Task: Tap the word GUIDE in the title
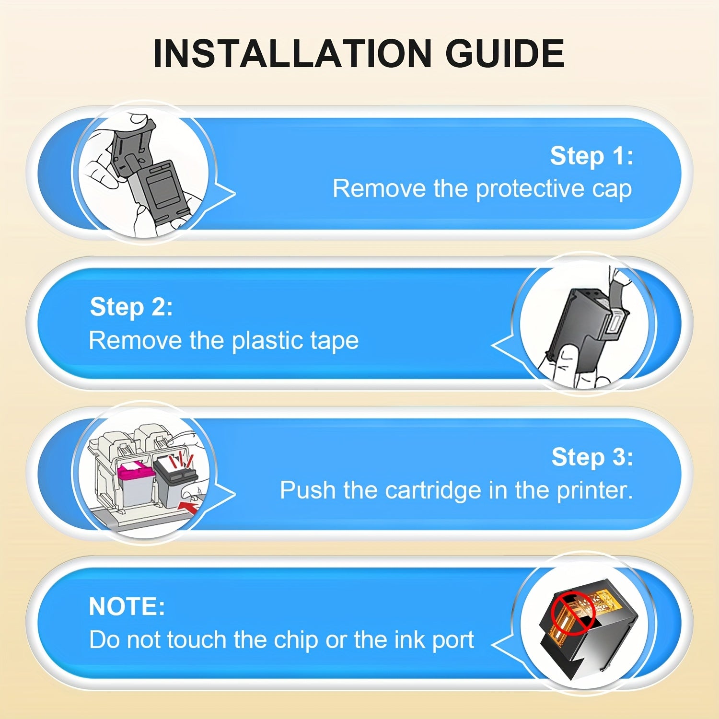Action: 505,53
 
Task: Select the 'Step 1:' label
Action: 591,156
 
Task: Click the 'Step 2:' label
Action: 131,307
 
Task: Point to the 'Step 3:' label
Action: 592,457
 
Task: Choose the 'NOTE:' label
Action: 127,606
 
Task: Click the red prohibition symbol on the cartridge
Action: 573,612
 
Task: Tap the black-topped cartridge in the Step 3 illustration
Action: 173,482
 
